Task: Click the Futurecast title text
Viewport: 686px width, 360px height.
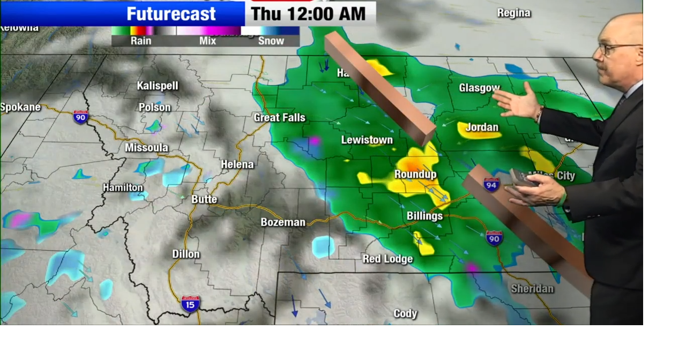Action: point(171,13)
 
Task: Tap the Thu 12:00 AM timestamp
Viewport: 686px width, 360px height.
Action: point(308,13)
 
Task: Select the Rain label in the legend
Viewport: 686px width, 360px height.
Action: point(141,41)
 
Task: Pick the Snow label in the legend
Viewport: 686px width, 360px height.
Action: point(271,41)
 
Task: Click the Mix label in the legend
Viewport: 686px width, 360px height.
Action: point(207,41)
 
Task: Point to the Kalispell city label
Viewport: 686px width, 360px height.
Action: point(157,86)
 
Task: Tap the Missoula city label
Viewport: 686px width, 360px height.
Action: point(146,147)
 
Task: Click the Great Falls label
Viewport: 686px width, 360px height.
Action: point(279,117)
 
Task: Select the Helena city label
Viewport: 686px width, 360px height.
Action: point(237,164)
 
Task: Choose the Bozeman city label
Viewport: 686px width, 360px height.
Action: point(283,222)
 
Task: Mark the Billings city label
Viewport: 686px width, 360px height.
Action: point(424,216)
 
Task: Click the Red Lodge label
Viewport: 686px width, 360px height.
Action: point(387,259)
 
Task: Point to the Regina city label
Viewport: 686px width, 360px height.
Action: point(513,13)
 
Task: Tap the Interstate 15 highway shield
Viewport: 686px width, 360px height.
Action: point(190,304)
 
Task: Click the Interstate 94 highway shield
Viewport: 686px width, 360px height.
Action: point(491,185)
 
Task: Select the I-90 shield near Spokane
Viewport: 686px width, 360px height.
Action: point(80,117)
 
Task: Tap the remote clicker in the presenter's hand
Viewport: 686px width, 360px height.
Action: point(523,178)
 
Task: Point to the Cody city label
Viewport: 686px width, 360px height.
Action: point(405,313)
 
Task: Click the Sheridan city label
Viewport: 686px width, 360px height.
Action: point(532,289)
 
